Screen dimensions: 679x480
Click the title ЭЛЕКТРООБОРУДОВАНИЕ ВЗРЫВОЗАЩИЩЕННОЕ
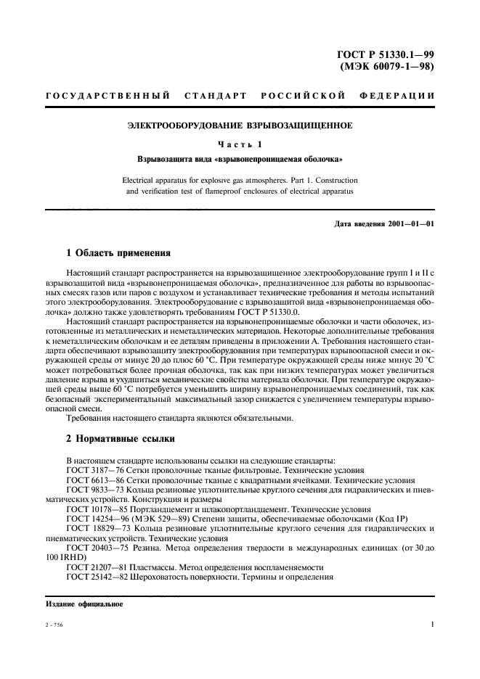[x=240, y=125]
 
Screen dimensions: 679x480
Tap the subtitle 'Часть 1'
[x=240, y=143]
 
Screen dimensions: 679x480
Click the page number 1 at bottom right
[x=431, y=624]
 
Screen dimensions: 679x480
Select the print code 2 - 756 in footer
[x=54, y=625]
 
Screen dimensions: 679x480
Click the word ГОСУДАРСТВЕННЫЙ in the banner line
[x=107, y=96]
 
